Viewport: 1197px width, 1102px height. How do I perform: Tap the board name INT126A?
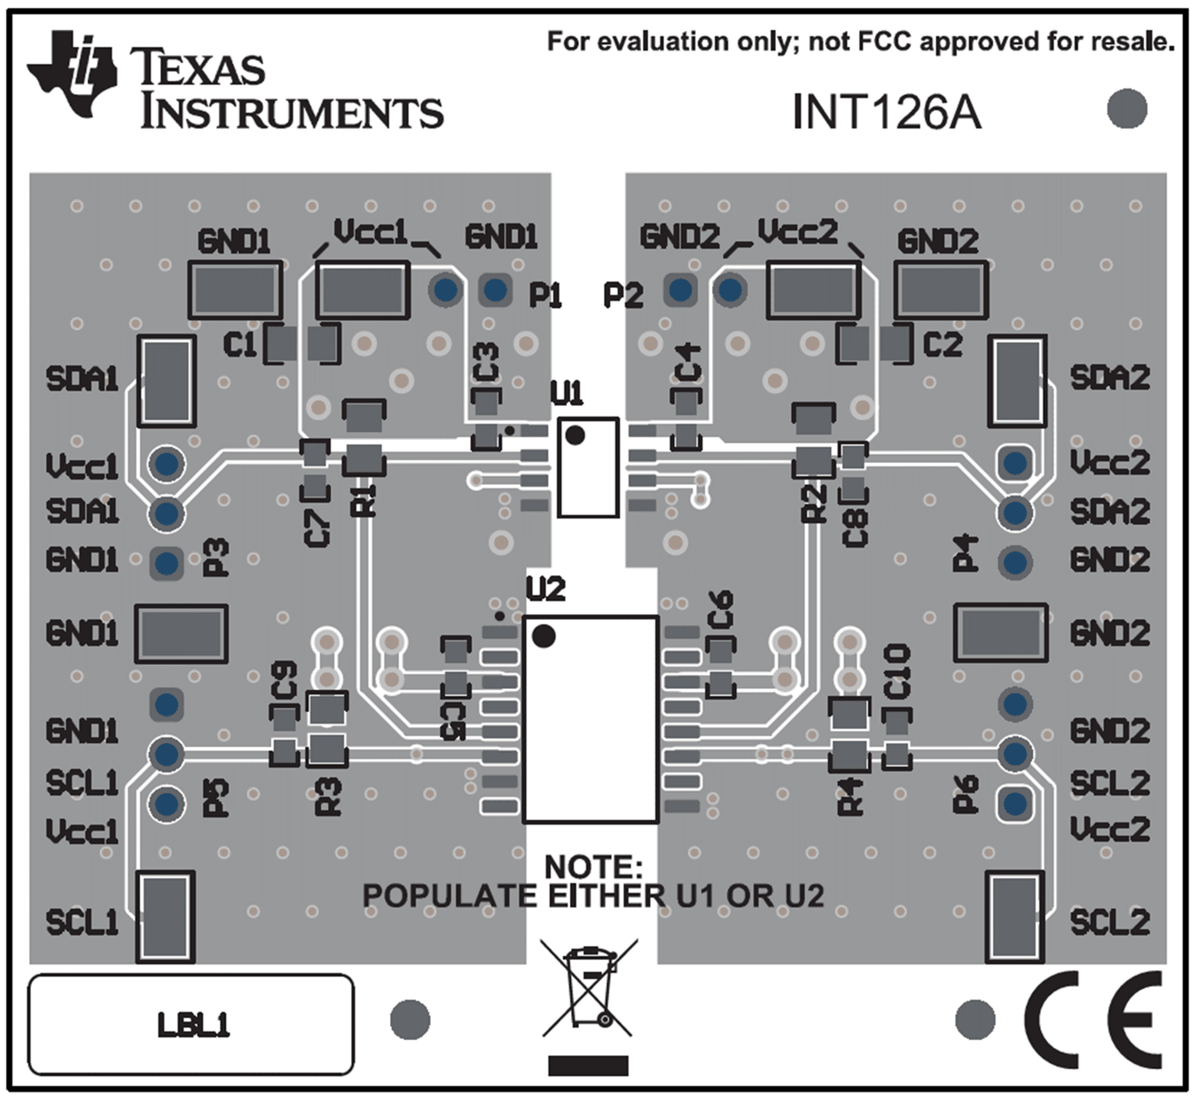(x=886, y=113)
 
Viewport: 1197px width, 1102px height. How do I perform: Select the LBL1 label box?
(x=192, y=1024)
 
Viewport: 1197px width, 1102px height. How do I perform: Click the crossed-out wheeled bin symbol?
(x=589, y=989)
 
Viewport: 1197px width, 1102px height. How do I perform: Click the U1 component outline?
(x=588, y=468)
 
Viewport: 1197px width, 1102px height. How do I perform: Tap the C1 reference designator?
(x=239, y=344)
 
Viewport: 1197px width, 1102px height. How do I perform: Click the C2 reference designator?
(x=943, y=344)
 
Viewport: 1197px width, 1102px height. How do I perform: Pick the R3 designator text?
(x=328, y=796)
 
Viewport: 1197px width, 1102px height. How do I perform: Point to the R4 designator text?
(x=850, y=796)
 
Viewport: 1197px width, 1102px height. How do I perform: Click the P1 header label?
(x=545, y=295)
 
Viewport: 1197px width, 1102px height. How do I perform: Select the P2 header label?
(x=623, y=295)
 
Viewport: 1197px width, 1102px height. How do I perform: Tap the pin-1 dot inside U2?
(x=544, y=636)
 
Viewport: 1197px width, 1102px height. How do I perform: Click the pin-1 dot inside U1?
(x=575, y=434)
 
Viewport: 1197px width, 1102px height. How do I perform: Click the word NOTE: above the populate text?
(x=593, y=866)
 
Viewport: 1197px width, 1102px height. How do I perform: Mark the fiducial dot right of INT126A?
(x=1127, y=109)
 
